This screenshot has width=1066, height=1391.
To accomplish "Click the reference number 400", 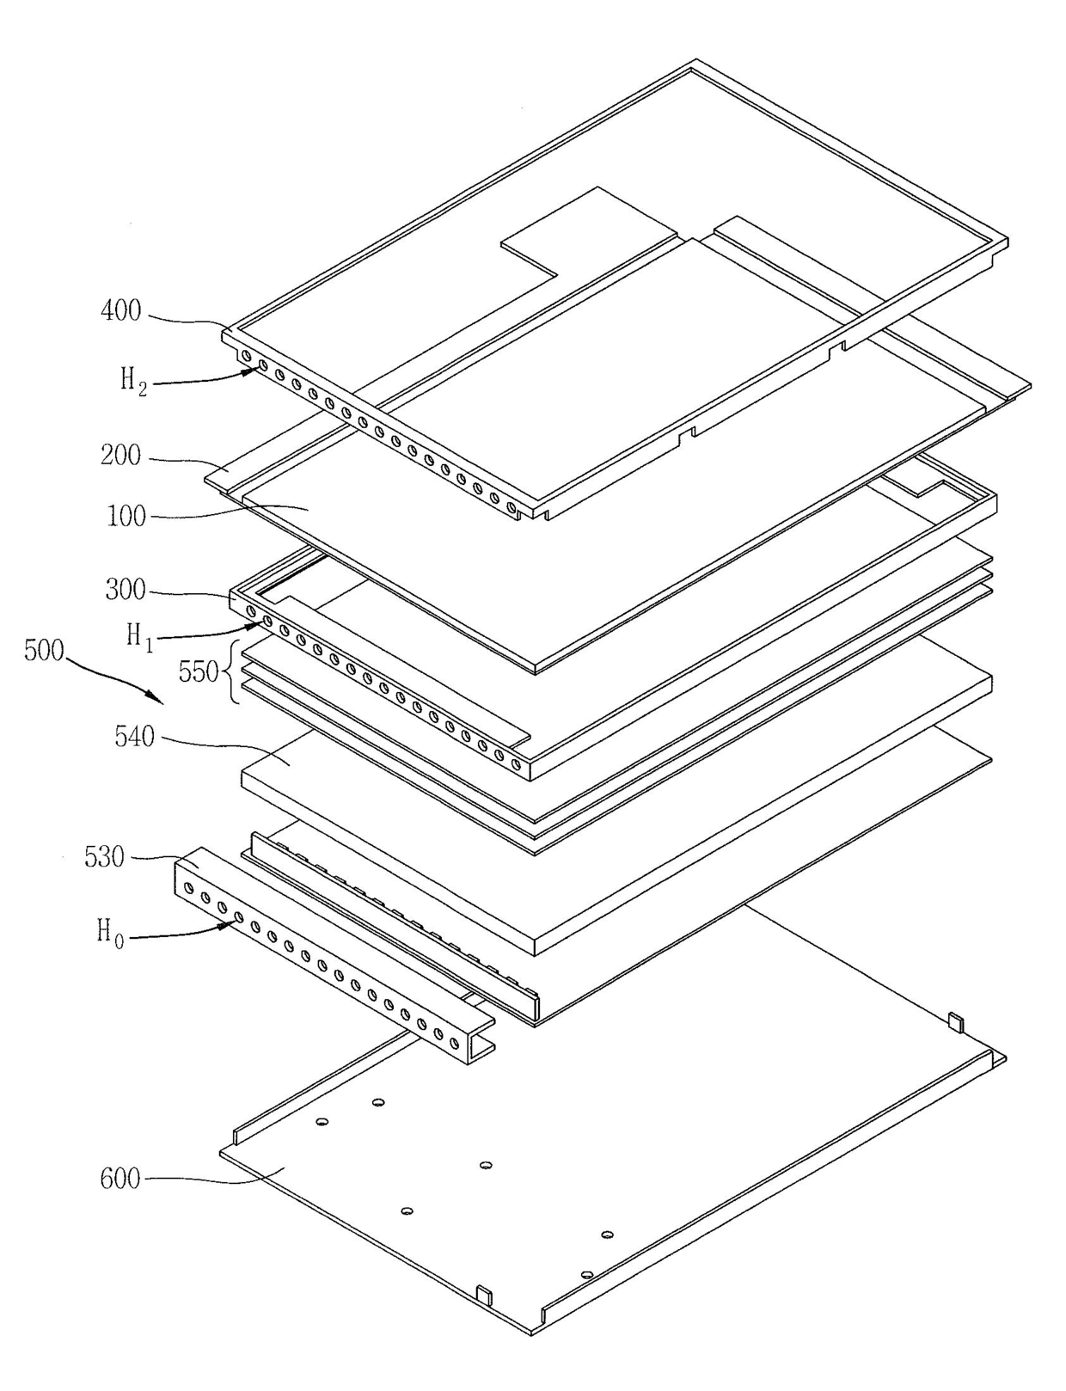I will pyautogui.click(x=121, y=310).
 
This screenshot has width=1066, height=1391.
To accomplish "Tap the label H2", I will pyautogui.click(x=133, y=380).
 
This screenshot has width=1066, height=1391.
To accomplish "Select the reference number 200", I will pyautogui.click(x=121, y=455).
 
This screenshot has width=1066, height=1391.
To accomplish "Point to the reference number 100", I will pyautogui.click(x=126, y=516).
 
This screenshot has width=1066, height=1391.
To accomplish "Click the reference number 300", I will pyautogui.click(x=126, y=590).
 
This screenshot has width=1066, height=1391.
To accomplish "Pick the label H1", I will pyautogui.click(x=139, y=637).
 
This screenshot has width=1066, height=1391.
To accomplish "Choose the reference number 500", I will pyautogui.click(x=44, y=650).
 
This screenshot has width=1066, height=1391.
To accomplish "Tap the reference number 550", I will pyautogui.click(x=199, y=671).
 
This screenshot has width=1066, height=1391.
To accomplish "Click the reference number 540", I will pyautogui.click(x=135, y=737).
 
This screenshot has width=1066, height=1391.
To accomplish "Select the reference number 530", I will pyautogui.click(x=104, y=857).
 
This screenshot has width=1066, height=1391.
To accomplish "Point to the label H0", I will pyautogui.click(x=110, y=932).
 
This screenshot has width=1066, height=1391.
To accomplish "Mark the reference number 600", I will pyautogui.click(x=120, y=1178).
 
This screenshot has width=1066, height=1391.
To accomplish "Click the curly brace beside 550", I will pyautogui.click(x=232, y=671).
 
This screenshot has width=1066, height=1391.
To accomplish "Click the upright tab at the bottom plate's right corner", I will pyautogui.click(x=955, y=1021).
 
